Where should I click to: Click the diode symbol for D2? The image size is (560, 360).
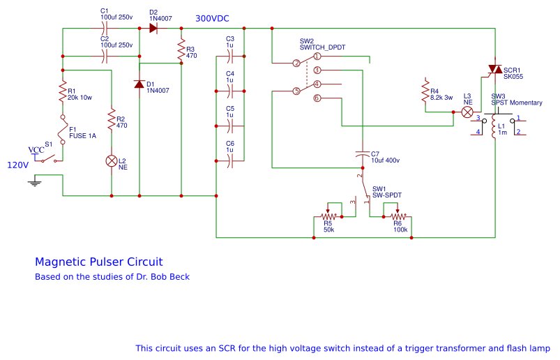coord(153,28)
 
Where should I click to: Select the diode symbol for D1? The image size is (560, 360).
coord(139,84)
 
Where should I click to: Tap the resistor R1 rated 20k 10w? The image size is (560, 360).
coord(63,93)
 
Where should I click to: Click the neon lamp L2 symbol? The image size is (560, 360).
coord(112,160)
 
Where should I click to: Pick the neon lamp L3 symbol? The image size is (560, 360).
coord(468,112)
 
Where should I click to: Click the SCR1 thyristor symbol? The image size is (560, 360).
coord(494,69)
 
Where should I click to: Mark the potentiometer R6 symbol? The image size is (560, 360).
coord(398,217)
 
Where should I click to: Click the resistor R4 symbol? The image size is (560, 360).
coord(425,92)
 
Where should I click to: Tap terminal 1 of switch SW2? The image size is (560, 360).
coord(317,56)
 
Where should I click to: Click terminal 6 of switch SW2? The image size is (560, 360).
coord(317,98)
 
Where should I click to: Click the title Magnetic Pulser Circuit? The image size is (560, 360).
coord(98,262)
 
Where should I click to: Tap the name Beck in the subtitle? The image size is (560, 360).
coord(178,277)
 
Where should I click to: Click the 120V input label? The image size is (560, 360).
coord(17,165)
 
